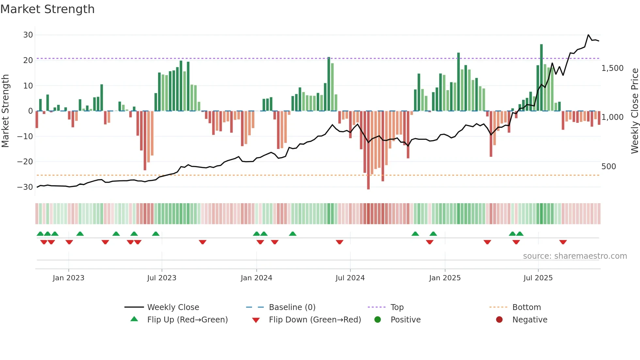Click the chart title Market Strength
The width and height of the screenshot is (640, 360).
click(x=47, y=9)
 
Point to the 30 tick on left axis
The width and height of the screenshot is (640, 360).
click(x=28, y=35)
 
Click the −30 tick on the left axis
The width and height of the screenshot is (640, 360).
click(x=25, y=187)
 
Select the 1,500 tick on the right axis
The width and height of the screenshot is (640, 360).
click(x=612, y=68)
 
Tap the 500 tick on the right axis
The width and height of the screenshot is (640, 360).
click(x=608, y=167)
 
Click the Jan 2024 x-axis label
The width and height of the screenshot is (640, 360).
click(x=256, y=278)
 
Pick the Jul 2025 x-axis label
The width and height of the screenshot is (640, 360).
click(x=538, y=278)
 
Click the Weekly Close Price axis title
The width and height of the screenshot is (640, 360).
click(x=634, y=111)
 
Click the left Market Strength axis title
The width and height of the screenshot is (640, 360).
click(x=5, y=111)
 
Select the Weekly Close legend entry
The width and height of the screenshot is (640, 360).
click(x=173, y=307)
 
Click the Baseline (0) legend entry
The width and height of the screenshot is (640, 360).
click(x=292, y=307)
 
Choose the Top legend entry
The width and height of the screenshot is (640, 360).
click(x=397, y=307)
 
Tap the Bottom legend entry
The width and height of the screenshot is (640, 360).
click(x=526, y=307)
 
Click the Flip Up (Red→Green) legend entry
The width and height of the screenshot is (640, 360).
click(x=187, y=320)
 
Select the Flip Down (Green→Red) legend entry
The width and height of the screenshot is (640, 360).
click(x=315, y=320)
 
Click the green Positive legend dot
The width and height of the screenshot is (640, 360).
click(x=378, y=320)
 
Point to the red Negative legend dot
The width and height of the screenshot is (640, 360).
click(x=499, y=320)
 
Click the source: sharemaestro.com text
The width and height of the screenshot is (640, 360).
click(x=575, y=256)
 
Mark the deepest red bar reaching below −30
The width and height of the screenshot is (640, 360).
click(x=368, y=150)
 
